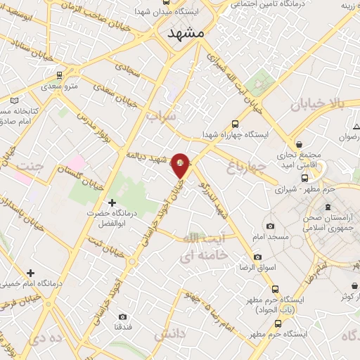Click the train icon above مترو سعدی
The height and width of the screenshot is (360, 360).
(60, 74)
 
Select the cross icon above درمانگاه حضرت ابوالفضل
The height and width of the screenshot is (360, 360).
(112, 202)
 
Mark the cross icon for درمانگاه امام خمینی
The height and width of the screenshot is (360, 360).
(30, 272)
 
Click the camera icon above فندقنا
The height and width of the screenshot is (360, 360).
(123, 316)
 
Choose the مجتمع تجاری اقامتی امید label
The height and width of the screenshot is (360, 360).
(304, 159)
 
